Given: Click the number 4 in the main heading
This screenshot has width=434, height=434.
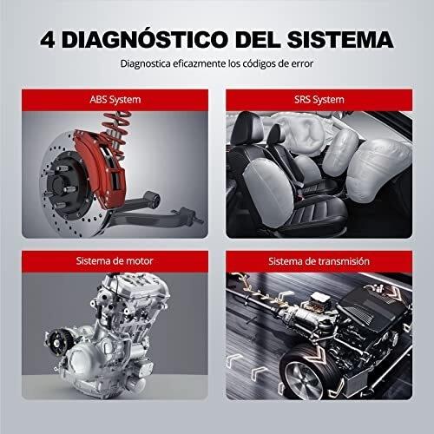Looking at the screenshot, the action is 48,40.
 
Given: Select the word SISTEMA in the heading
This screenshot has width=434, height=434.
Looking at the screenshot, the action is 340,40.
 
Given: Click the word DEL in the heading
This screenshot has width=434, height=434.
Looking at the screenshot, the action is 258,40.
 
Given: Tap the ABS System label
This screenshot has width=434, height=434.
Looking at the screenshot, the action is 115,100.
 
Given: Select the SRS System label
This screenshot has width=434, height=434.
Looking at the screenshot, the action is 319,100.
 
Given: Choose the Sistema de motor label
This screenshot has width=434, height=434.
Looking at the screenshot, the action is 115,261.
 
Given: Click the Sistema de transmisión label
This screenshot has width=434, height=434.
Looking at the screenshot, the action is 319,261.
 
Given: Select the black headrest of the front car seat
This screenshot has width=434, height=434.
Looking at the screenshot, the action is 247,128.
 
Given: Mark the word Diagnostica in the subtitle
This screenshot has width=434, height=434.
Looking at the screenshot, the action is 145,63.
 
